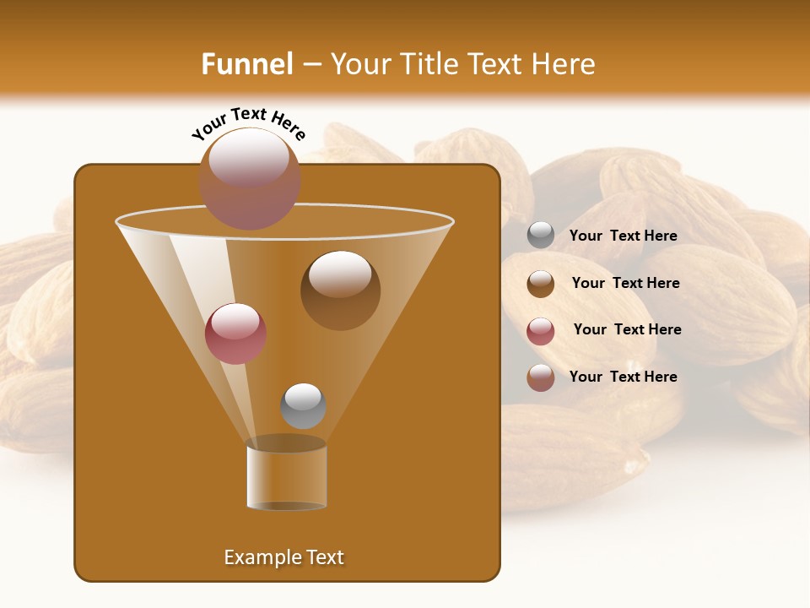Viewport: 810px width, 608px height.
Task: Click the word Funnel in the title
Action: [x=247, y=64]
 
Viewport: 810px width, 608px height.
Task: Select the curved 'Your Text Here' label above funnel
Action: [x=248, y=123]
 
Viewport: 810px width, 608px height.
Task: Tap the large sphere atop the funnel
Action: [x=250, y=179]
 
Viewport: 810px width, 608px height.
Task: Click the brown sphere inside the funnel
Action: [x=340, y=290]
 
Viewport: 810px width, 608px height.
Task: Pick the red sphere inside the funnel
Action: [x=235, y=334]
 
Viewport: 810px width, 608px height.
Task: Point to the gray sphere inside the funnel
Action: [x=303, y=406]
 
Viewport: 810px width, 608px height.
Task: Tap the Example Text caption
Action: [x=284, y=557]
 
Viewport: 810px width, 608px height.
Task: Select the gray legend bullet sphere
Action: [x=541, y=236]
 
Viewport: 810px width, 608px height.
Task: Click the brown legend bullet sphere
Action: [x=541, y=284]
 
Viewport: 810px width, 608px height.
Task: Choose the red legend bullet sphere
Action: [x=541, y=331]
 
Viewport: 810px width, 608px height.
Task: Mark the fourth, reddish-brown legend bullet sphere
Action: [x=541, y=377]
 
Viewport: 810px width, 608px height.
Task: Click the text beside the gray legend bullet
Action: [x=623, y=236]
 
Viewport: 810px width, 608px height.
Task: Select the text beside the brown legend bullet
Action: [x=625, y=283]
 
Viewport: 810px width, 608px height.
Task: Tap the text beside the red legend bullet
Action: [x=627, y=329]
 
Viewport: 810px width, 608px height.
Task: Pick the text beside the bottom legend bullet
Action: [x=623, y=377]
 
